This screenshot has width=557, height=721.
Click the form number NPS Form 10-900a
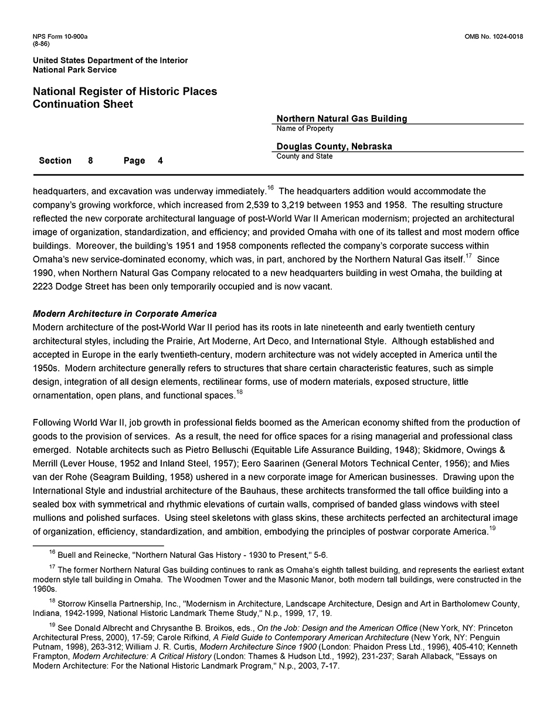pyautogui.click(x=60, y=37)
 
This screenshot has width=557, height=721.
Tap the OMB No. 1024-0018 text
pyautogui.click(x=494, y=37)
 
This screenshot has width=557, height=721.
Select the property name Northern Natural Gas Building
pyautogui.click(x=342, y=119)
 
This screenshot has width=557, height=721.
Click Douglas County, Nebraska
pyautogui.click(x=334, y=147)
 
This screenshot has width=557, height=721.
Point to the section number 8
pyautogui.click(x=90, y=161)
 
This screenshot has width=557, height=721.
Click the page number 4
pyautogui.click(x=161, y=161)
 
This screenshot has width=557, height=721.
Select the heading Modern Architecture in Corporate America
pyautogui.click(x=125, y=314)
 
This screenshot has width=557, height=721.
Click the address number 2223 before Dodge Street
pyautogui.click(x=43, y=287)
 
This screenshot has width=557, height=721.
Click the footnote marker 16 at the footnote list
pyautogui.click(x=52, y=552)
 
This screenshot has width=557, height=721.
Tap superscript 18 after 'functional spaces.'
pyautogui.click(x=239, y=392)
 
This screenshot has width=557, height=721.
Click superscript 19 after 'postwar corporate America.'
pyautogui.click(x=493, y=529)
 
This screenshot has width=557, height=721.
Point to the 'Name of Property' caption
pyautogui.click(x=305, y=128)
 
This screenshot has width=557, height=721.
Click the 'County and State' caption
pyautogui.click(x=304, y=157)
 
